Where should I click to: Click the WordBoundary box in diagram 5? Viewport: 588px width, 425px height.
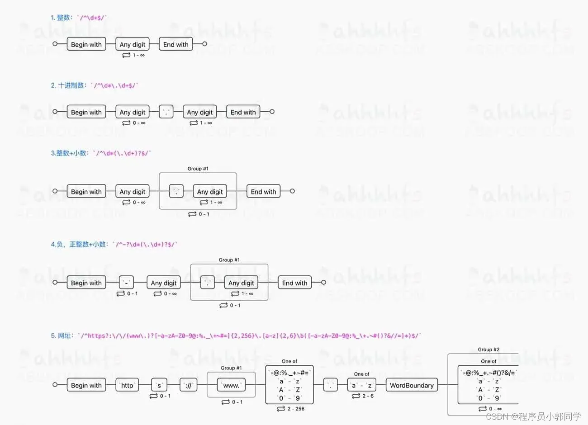[x=412, y=385]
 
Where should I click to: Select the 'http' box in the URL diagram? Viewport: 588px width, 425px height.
[x=127, y=385]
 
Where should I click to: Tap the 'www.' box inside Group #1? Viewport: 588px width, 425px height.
[x=231, y=385]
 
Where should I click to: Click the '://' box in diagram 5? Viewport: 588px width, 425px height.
[x=189, y=385]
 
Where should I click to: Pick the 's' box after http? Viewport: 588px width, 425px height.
[x=159, y=385]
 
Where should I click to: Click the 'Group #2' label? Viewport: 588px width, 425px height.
[x=488, y=349]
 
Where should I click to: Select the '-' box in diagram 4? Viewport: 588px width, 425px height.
[x=127, y=283]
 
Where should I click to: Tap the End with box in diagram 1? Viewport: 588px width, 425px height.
[x=175, y=44]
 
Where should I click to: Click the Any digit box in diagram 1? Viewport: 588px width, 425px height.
[x=133, y=44]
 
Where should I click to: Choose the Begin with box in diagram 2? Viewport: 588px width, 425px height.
[x=86, y=112]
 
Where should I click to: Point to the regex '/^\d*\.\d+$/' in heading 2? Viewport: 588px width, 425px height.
[x=116, y=85]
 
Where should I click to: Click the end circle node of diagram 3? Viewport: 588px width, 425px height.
[x=292, y=191]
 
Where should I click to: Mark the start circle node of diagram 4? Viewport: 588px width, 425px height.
[x=55, y=283]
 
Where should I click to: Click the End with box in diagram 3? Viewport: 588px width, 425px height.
[x=263, y=192]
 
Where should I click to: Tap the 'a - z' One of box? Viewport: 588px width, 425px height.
[x=362, y=385]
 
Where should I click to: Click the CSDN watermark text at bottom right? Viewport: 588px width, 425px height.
[x=533, y=416]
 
